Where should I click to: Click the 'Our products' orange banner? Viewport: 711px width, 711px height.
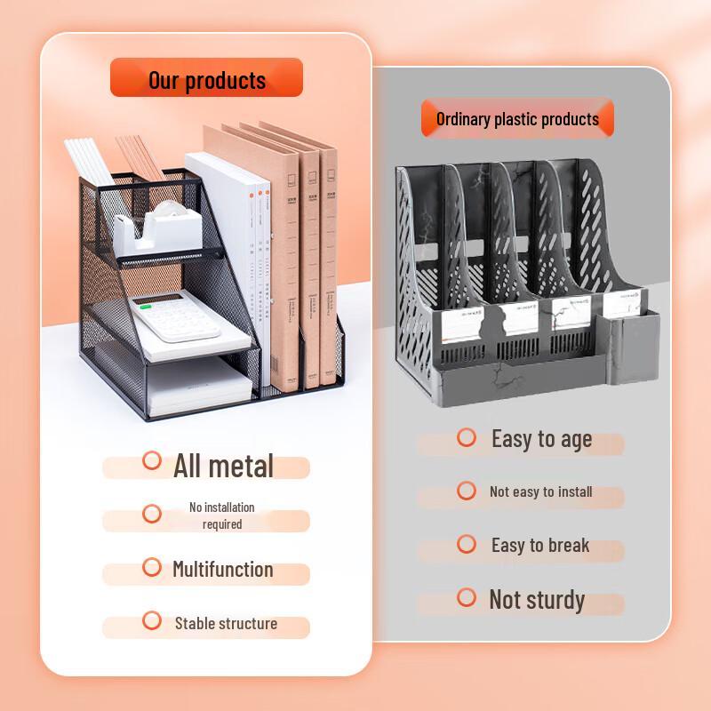[x=206, y=79]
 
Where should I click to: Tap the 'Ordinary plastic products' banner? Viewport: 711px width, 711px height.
[x=517, y=118]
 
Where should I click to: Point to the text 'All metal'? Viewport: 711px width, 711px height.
[x=223, y=466]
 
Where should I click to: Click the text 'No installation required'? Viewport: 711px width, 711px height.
[x=221, y=515]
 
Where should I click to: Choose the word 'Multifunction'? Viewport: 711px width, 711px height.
[x=222, y=569]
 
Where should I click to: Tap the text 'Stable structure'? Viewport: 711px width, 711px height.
[x=226, y=623]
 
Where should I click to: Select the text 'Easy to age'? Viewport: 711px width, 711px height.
[x=541, y=439]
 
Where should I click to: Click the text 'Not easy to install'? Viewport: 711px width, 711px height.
[x=540, y=491]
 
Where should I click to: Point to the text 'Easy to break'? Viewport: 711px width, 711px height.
[x=540, y=545]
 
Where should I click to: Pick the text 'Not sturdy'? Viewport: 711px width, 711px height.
[x=537, y=600]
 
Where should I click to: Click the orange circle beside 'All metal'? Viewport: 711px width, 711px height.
[x=152, y=460]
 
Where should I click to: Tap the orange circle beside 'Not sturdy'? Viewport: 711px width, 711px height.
[x=467, y=597]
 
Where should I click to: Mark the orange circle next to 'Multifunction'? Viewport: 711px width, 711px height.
[x=152, y=567]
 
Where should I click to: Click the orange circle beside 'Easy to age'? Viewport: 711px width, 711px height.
[x=467, y=437]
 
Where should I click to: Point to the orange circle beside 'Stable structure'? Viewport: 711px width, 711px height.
[x=152, y=620]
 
